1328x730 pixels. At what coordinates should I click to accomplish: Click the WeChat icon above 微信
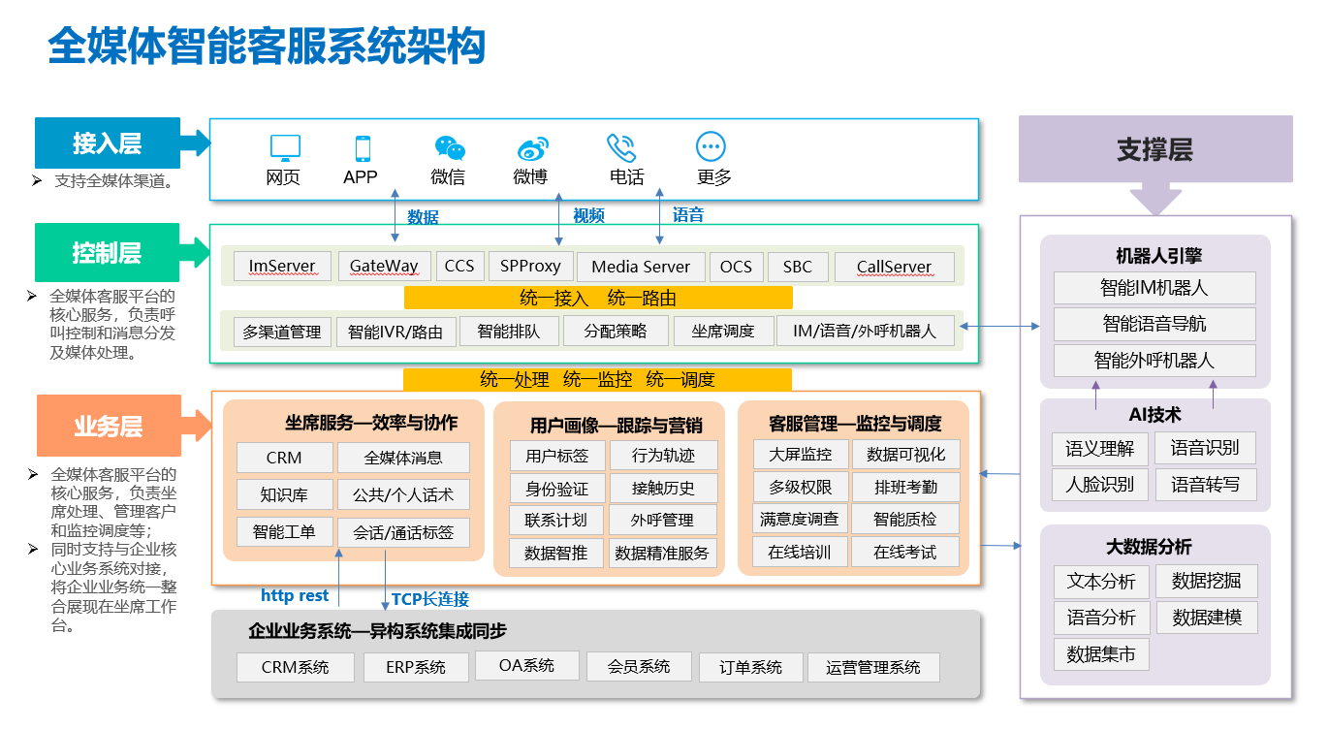point(450,147)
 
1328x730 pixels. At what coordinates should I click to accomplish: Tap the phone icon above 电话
point(621,147)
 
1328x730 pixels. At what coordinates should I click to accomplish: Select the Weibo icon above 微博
point(532,149)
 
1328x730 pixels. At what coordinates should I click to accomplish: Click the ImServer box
point(282,267)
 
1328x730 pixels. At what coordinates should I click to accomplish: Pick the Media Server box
point(641,267)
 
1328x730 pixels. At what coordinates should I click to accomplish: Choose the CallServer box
point(894,267)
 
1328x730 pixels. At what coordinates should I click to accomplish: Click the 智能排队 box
point(509,331)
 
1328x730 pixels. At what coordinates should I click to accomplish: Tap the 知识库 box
point(285,494)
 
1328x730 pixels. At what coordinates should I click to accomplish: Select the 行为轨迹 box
point(663,455)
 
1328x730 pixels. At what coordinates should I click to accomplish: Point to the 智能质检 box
point(905,519)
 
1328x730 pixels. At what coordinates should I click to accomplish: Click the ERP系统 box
point(416,667)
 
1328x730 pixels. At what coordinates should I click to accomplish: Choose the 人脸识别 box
point(1100,484)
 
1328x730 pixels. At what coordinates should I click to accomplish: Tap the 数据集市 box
point(1101,654)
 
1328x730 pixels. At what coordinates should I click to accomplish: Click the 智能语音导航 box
point(1154,324)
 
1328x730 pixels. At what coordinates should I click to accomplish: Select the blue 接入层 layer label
point(108,143)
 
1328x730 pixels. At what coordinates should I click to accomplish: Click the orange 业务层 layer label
point(110,426)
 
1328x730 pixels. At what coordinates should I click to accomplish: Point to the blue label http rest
point(295,595)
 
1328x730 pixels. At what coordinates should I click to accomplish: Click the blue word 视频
point(588,215)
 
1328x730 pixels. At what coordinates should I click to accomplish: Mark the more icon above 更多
point(711,146)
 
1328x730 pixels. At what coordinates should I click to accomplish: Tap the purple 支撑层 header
point(1155,149)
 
